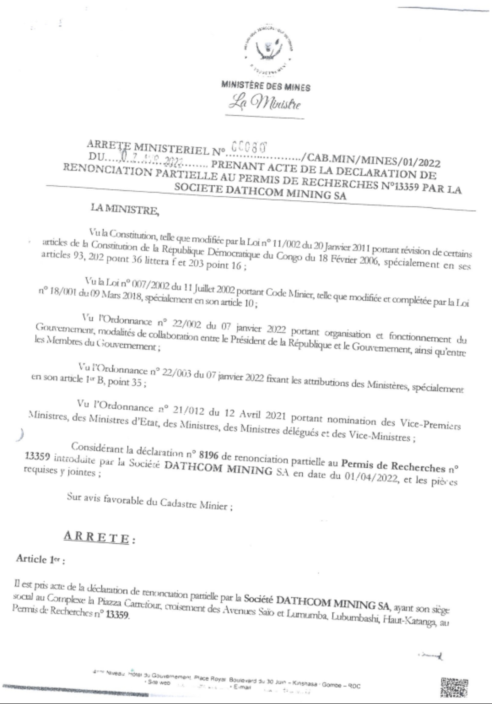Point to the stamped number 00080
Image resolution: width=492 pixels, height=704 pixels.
point(248,147)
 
